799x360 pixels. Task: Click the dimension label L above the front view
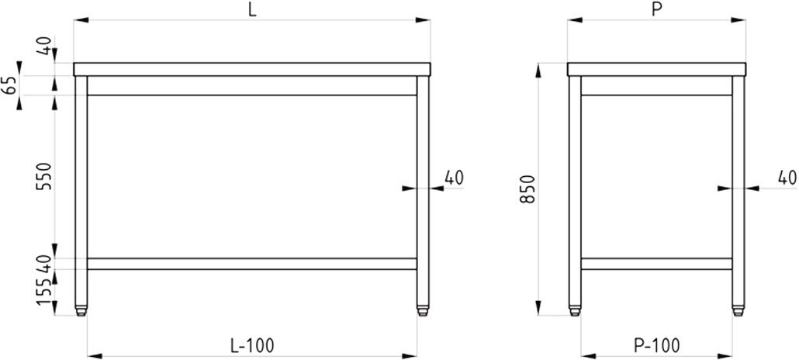(252, 9)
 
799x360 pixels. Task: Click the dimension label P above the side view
(656, 9)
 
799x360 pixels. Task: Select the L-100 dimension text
(252, 344)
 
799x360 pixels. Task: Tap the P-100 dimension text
(657, 344)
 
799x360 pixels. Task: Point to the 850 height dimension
(527, 189)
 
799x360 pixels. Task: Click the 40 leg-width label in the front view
(454, 178)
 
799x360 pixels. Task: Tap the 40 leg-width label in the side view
(787, 178)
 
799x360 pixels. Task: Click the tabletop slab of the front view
(252, 69)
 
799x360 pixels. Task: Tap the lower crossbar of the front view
(252, 264)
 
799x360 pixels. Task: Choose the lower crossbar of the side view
(656, 264)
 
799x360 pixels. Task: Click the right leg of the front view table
(423, 186)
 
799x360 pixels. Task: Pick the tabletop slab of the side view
(656, 69)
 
